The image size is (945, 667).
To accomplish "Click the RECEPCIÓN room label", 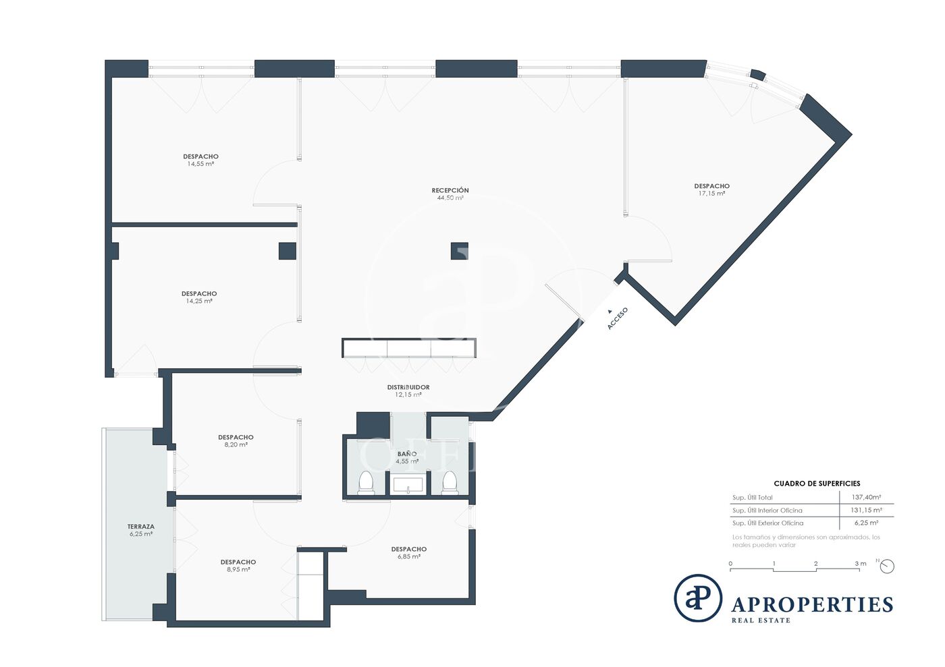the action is click(450, 190).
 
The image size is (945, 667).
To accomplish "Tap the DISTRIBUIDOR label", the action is click(408, 387).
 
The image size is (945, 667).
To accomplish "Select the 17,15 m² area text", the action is click(711, 194).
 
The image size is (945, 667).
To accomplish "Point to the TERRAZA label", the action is click(141, 527).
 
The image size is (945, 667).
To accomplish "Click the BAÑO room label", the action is click(407, 454).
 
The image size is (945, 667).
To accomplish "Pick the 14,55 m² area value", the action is click(200, 164).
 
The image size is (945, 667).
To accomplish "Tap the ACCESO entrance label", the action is click(618, 318).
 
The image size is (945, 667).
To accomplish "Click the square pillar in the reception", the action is click(460, 251).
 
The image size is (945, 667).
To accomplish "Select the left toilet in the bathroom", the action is click(366, 482).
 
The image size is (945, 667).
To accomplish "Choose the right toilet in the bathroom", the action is click(450, 482).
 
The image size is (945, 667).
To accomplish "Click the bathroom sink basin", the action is click(408, 485).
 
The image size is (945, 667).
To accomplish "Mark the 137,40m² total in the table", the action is click(866, 498).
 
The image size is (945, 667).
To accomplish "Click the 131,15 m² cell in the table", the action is click(866, 510).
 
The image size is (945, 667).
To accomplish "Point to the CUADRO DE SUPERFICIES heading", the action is click(817, 484).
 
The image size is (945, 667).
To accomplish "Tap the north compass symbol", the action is click(887, 567).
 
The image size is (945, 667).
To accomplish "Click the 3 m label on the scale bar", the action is click(860, 563).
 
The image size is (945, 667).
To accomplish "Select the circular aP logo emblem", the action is click(698, 598).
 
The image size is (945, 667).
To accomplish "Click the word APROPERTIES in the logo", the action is click(812, 605).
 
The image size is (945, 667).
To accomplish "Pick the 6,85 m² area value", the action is click(409, 556).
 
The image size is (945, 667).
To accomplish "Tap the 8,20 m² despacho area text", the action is click(236, 445).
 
